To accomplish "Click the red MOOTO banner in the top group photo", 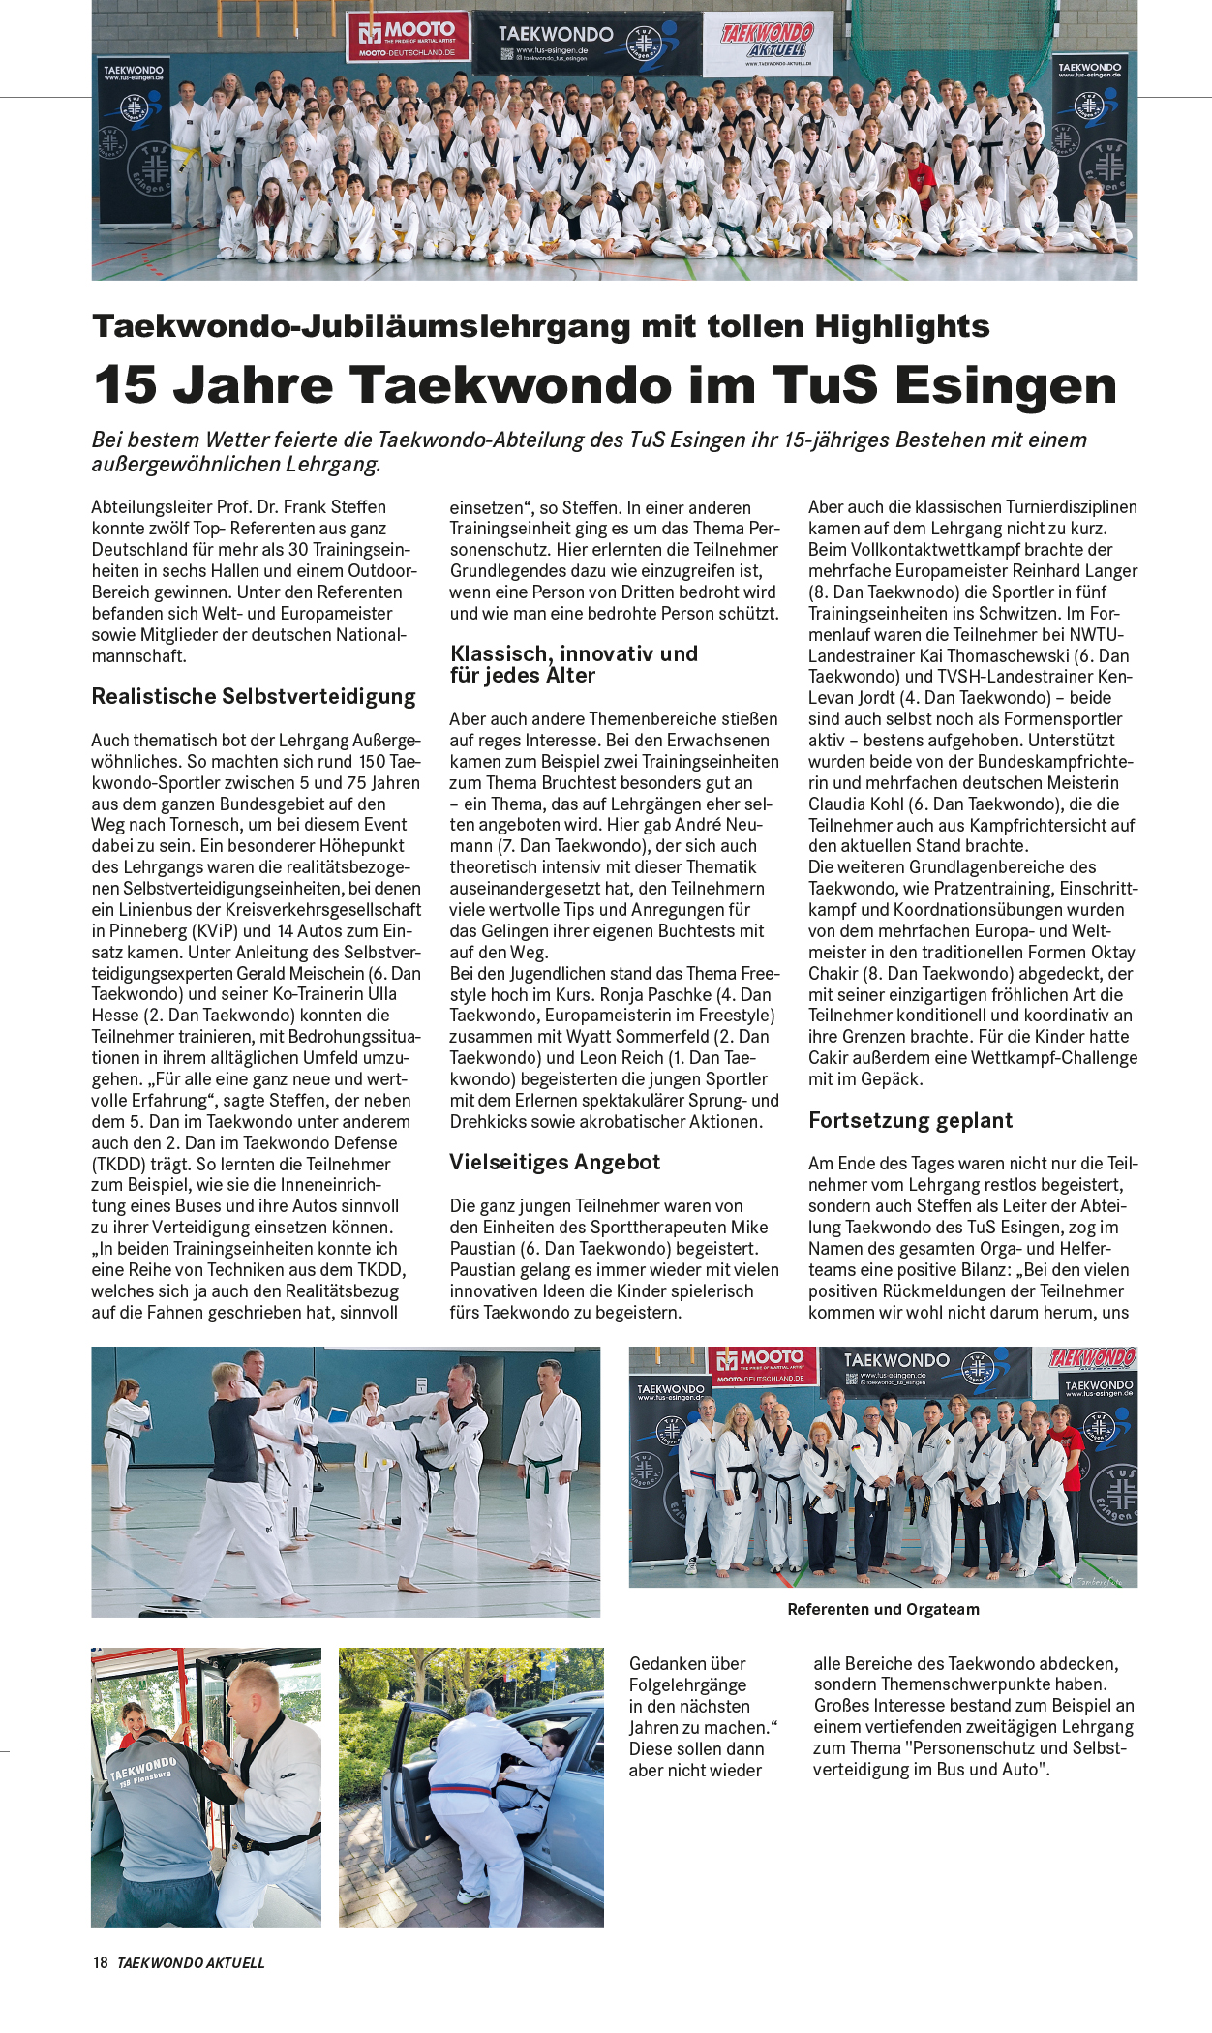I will pos(408,37).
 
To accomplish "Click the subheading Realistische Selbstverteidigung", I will pos(254,696).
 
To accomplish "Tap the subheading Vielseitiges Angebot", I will pos(555,1162).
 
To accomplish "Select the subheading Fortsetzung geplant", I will pos(910,1120).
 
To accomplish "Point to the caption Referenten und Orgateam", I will pos(883,1609).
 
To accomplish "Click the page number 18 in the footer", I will pos(100,1962).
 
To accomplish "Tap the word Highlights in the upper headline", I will pos(901,326).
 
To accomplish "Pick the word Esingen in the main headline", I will pos(1006,384).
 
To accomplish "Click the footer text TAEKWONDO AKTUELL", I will pos(191,1962).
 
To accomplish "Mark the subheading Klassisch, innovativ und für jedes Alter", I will pos(573,664).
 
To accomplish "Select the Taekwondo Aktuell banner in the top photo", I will pos(768,42).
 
